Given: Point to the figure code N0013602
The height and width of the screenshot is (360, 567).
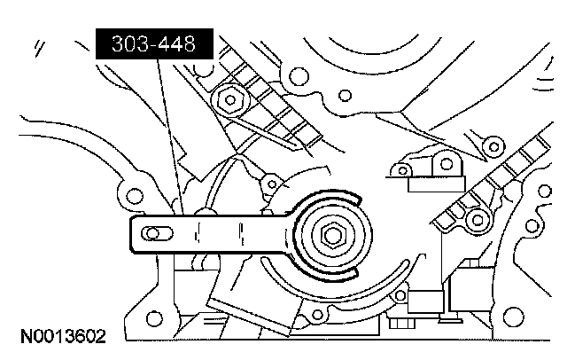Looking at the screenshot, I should (63, 337).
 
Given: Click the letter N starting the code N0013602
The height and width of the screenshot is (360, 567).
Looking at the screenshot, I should (27, 337).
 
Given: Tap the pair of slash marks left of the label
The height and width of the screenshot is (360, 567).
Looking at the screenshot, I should (37, 47).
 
